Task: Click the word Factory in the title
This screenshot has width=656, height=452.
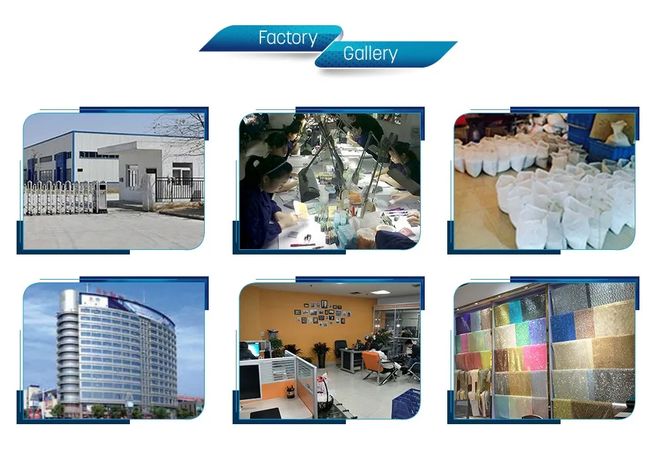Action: [x=288, y=38]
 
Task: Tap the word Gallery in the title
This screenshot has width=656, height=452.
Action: [x=370, y=54]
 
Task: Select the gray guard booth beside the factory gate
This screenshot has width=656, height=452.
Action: [x=101, y=196]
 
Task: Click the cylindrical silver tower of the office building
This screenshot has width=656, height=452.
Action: [x=68, y=351]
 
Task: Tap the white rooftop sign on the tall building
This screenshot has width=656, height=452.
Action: [x=91, y=299]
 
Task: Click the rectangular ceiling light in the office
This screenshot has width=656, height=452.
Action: [x=379, y=292]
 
